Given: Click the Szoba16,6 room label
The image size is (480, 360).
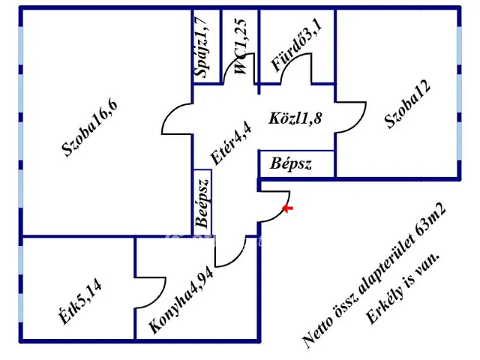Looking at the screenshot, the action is [89, 128].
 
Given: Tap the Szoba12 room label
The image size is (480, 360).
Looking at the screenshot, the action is [407, 104].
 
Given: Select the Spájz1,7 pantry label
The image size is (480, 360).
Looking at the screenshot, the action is [202, 47].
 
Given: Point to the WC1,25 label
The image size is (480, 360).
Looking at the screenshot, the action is [240, 46].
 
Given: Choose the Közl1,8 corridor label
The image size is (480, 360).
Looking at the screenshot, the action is [295, 118].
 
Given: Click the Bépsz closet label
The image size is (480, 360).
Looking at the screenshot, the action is [290, 163].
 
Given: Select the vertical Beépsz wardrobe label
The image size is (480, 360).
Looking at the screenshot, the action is [203, 202].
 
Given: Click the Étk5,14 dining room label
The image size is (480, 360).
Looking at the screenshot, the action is [80, 302].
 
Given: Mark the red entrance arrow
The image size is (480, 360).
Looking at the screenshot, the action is [287, 208].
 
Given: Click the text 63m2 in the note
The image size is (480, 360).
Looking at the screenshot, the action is [430, 218].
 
